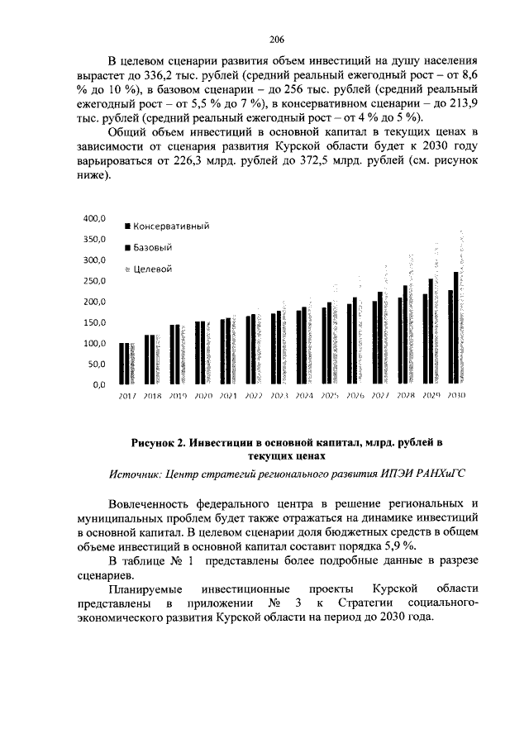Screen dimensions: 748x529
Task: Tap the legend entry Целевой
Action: point(151,269)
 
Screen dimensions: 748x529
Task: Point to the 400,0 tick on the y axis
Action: point(93,219)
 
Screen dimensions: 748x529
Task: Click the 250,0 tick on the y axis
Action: point(93,281)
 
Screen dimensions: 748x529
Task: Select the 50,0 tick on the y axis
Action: point(96,364)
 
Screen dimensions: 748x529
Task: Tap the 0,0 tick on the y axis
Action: point(98,384)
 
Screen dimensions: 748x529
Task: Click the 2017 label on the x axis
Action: point(127,396)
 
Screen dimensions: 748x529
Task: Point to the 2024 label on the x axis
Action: point(304,396)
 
